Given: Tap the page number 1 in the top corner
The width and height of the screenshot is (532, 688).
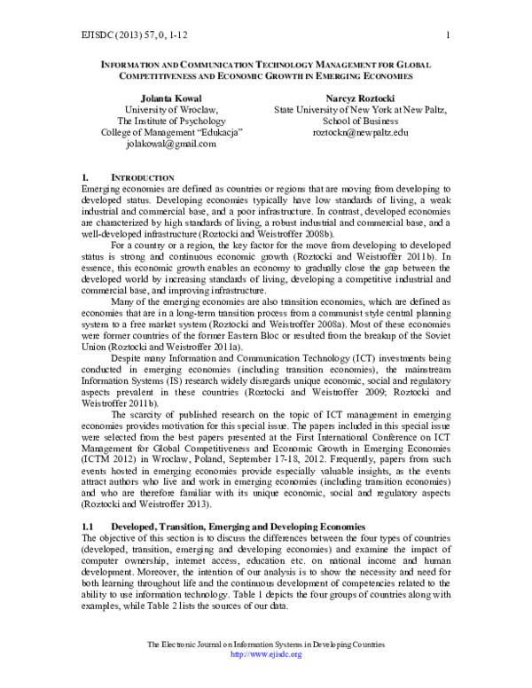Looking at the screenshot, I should point(450,35).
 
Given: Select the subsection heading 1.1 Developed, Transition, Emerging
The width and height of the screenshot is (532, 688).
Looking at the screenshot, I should point(231,527).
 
